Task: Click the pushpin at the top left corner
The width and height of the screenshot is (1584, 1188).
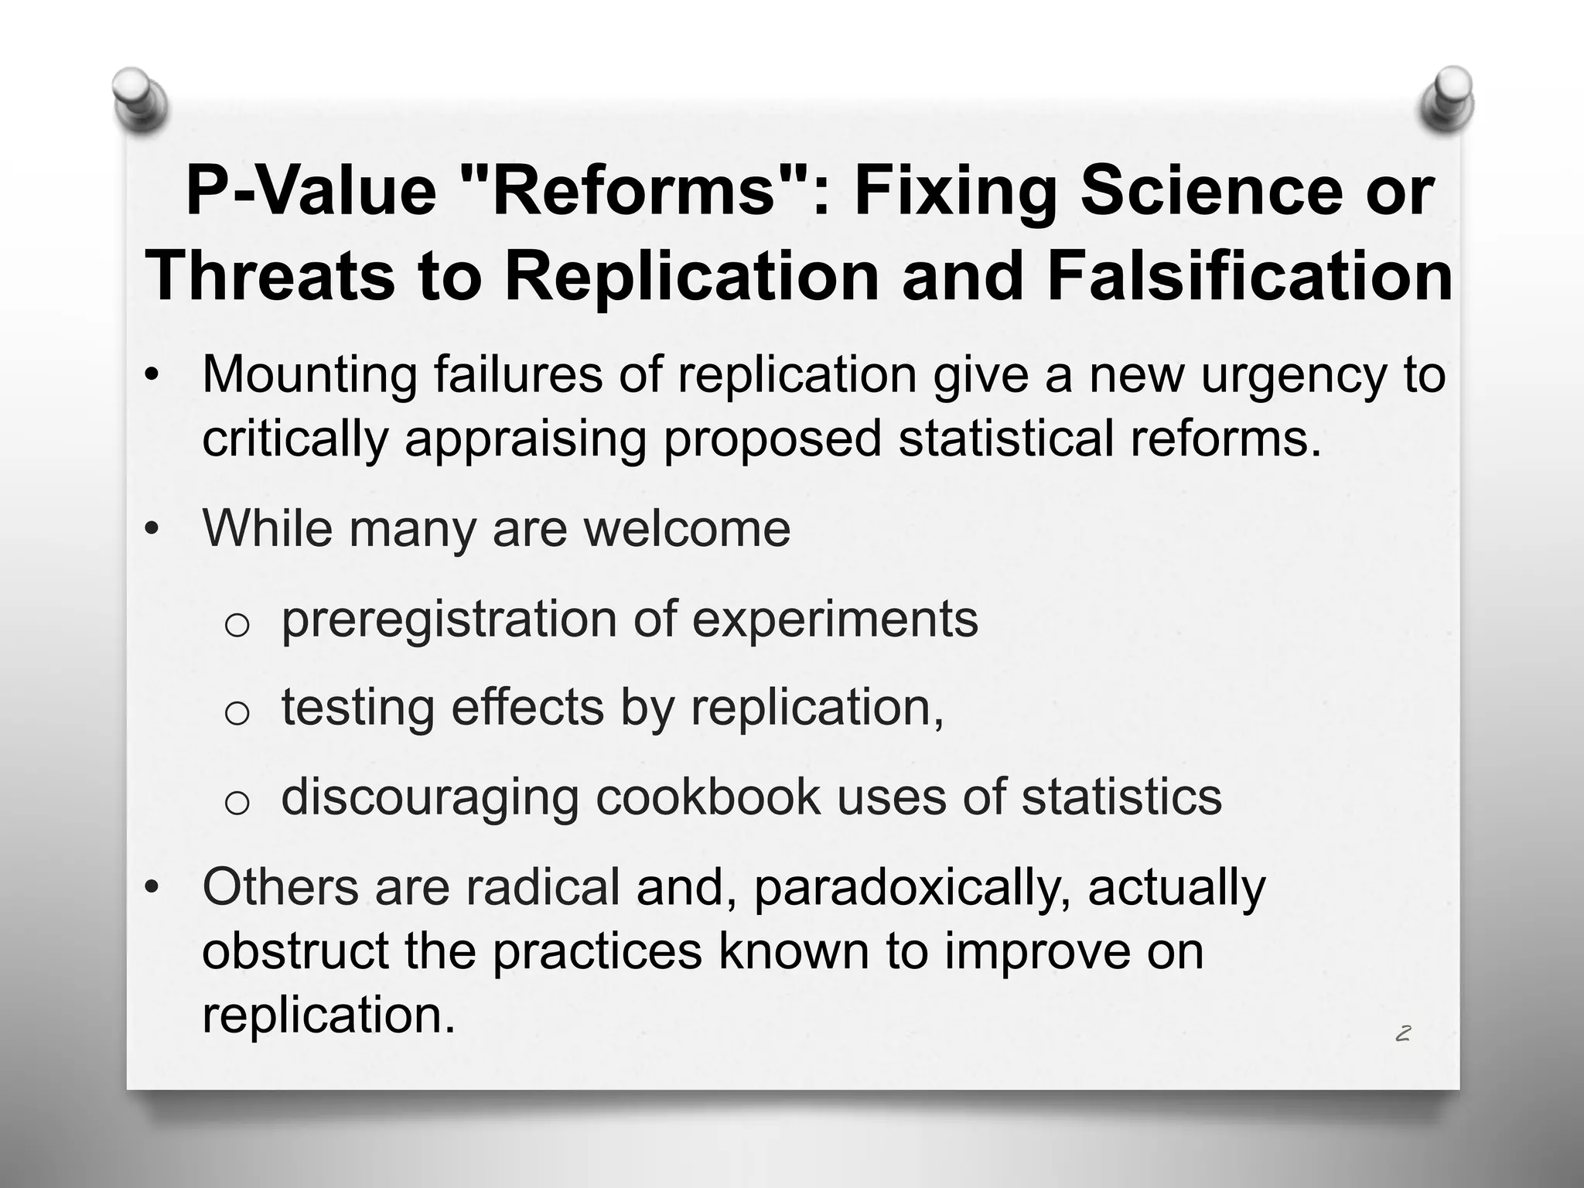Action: pyautogui.click(x=139, y=98)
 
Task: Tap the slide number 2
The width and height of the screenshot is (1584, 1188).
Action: pyautogui.click(x=1403, y=1033)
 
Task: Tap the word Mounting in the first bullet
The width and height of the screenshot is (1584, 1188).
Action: pyautogui.click(x=309, y=375)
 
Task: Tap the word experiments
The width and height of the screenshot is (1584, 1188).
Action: pyautogui.click(x=835, y=620)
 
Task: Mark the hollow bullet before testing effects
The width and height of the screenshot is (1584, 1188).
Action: pyautogui.click(x=237, y=713)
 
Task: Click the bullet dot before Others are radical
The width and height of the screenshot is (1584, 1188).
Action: pyautogui.click(x=152, y=888)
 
